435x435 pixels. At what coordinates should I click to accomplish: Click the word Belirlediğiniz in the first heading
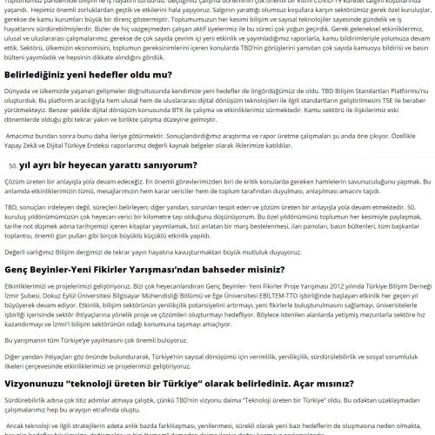(x=34, y=76)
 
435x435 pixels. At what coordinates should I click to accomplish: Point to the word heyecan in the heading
(x=97, y=164)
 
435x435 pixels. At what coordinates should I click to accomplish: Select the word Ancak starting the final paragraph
(x=17, y=428)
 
